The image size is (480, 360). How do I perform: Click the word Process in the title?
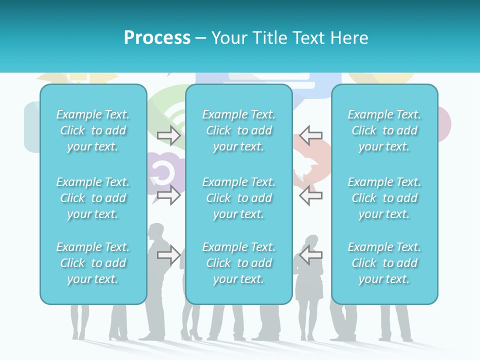point(157,38)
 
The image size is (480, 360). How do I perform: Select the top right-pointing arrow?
point(169,135)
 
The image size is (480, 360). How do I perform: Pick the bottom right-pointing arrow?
point(169,255)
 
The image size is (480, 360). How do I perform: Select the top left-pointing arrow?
point(311,135)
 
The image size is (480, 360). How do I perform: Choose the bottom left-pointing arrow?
point(311,255)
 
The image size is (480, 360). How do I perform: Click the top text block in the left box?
point(93,130)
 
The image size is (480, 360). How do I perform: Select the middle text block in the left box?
point(93,198)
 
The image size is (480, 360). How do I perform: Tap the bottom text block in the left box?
point(93,263)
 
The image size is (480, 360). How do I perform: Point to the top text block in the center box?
point(239,130)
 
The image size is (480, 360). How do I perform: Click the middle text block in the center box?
point(239,198)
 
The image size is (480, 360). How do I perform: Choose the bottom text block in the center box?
point(239,263)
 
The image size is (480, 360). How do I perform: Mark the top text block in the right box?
point(384,130)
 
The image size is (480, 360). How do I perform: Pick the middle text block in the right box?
point(384,198)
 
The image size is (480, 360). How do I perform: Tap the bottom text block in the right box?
point(384,263)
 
